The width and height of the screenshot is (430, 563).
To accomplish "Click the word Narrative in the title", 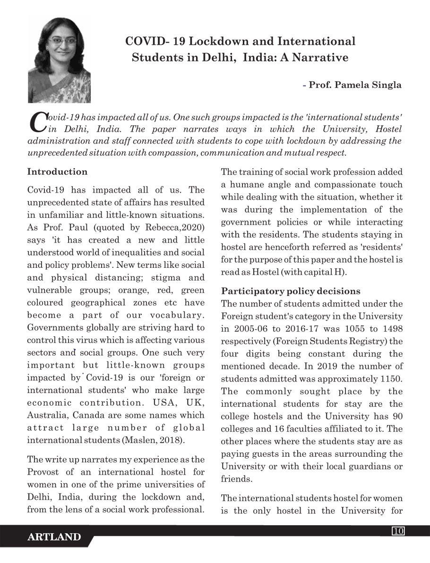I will pyautogui.click(x=321, y=58).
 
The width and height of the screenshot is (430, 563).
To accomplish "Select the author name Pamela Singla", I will pyautogui.click(x=368, y=85).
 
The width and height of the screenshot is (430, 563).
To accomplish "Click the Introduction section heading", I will pyautogui.click(x=57, y=171).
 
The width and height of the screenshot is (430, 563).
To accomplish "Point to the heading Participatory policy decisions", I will pyautogui.click(x=291, y=291).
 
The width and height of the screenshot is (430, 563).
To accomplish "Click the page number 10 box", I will pyautogui.click(x=398, y=531).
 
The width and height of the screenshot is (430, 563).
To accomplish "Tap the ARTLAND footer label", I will pyautogui.click(x=54, y=537).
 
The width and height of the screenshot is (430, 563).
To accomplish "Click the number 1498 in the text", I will pyautogui.click(x=391, y=329).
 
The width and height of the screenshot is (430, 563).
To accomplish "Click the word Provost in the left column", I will pyautogui.click(x=45, y=472).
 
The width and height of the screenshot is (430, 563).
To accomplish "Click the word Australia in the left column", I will pyautogui.click(x=48, y=416).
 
